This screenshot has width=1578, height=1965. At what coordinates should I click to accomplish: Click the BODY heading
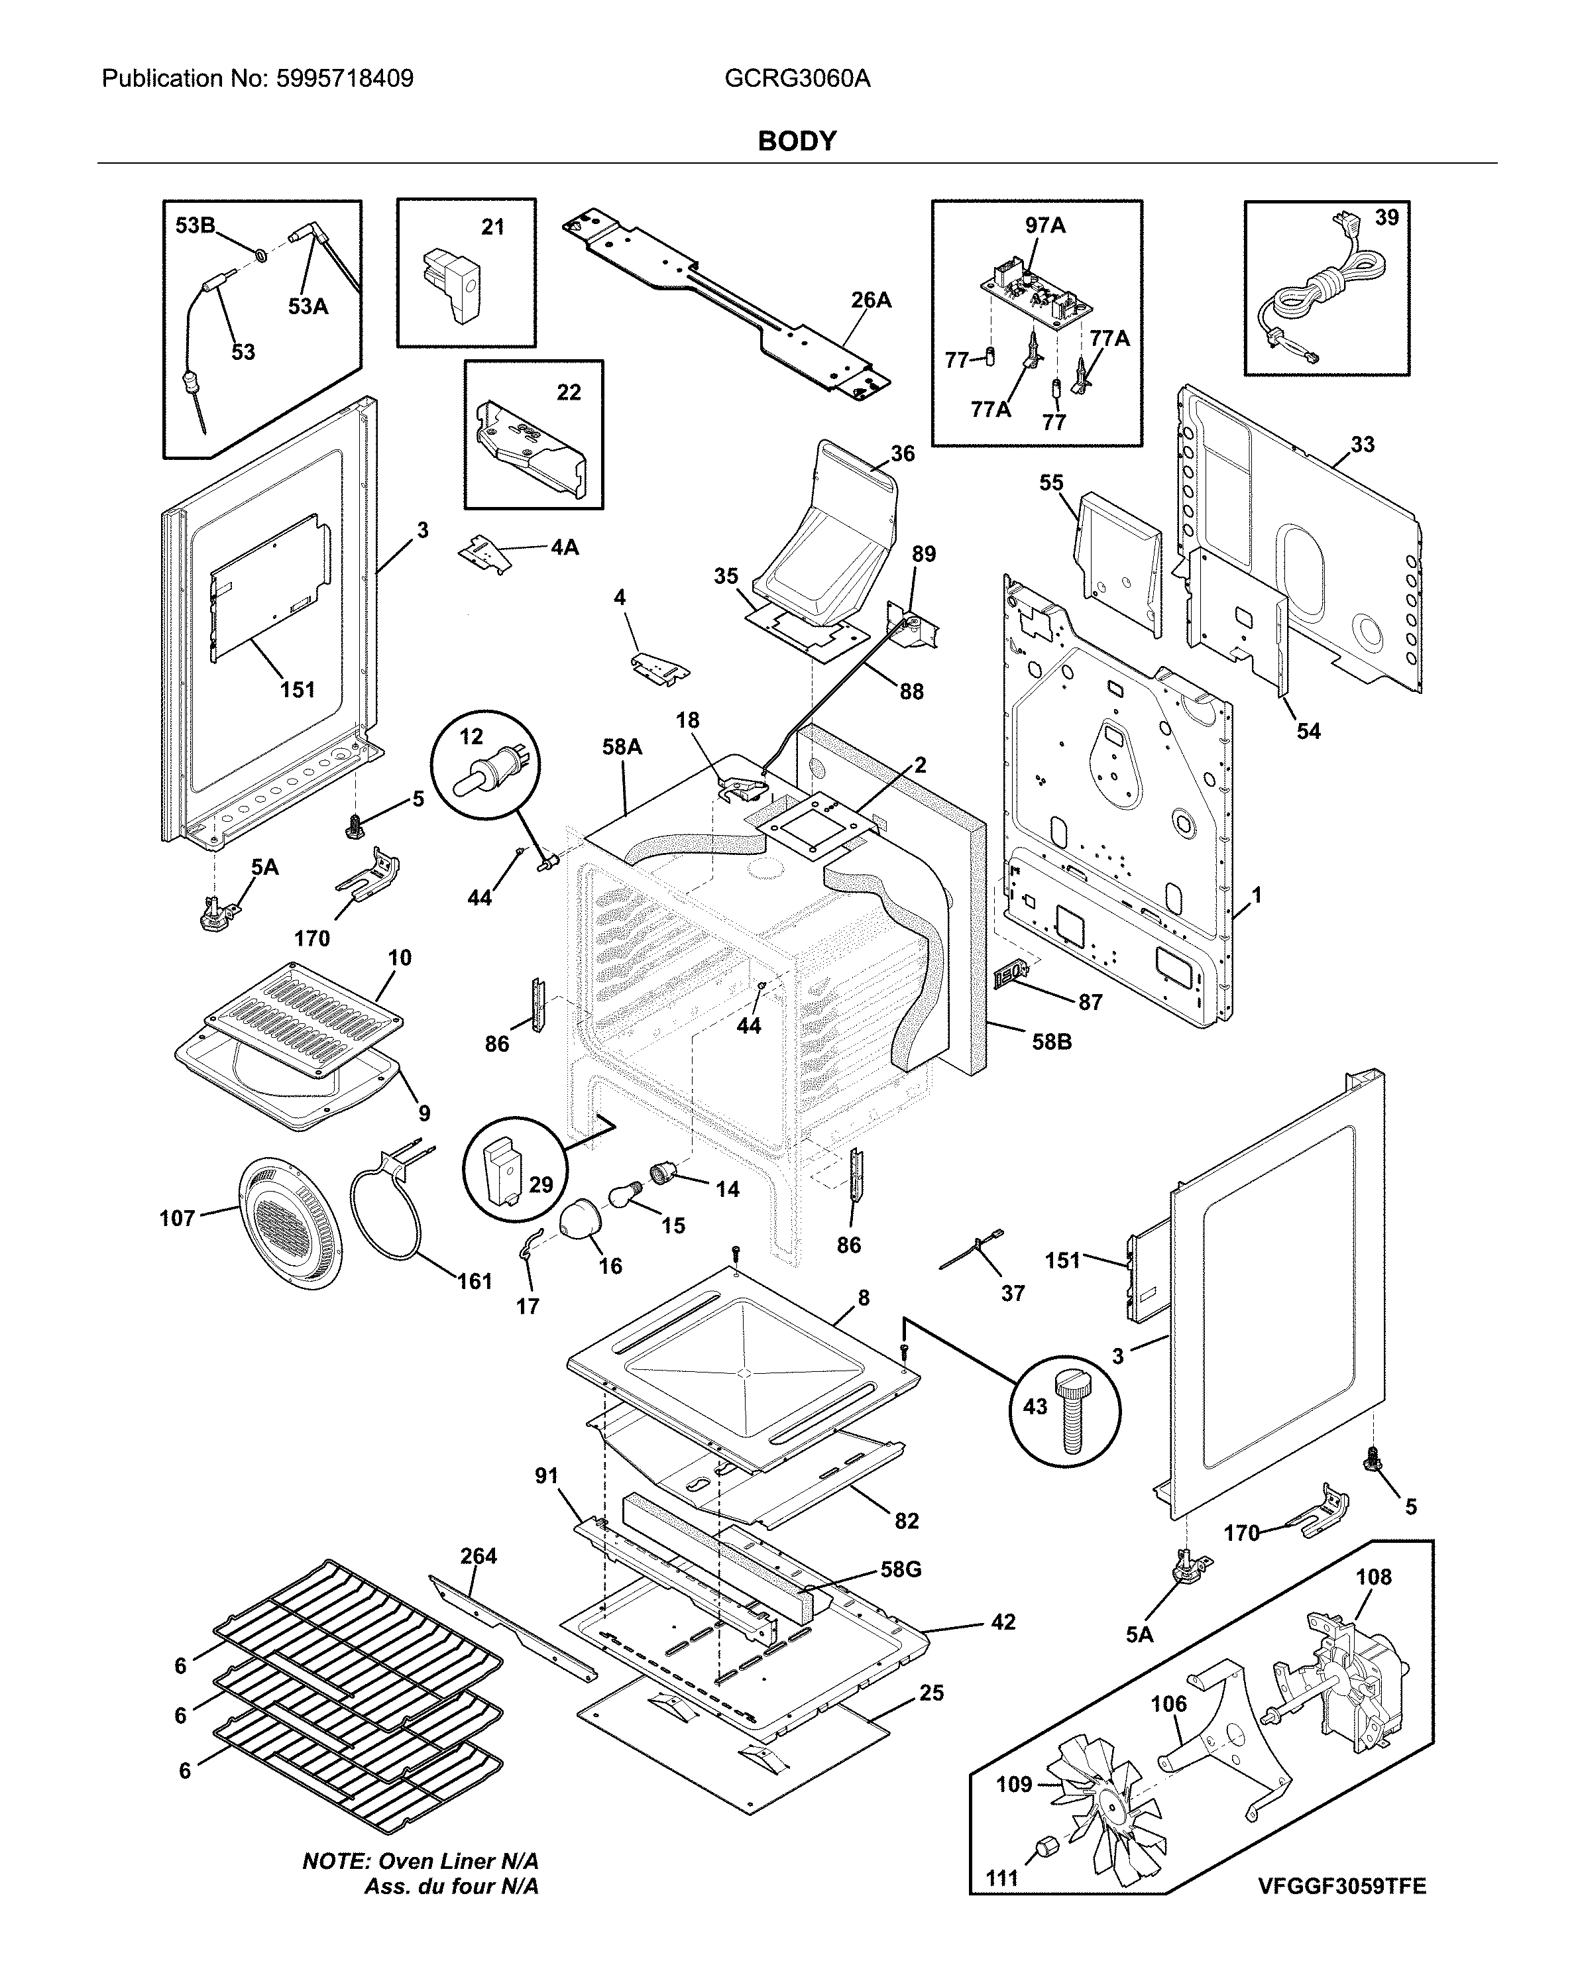(796, 141)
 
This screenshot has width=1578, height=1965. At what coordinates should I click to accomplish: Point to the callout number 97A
(1044, 225)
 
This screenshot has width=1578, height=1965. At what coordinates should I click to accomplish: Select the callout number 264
(478, 1556)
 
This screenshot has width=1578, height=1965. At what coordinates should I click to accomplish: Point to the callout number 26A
(871, 300)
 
